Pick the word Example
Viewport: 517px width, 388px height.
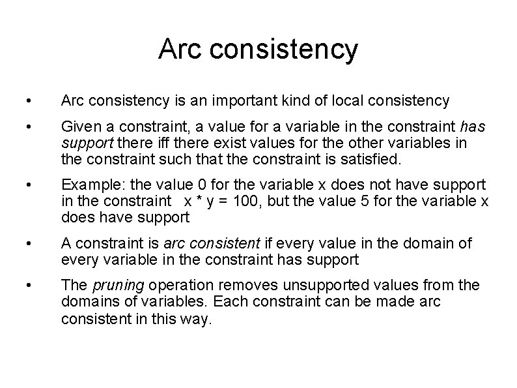[89, 186]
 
